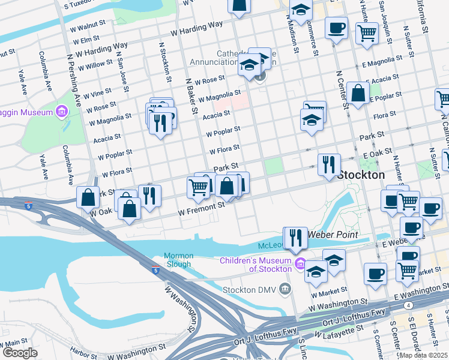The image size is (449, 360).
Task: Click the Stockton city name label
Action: [x=361, y=175]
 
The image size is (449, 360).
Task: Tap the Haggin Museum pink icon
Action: [x=61, y=112]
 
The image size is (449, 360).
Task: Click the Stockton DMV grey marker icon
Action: [x=285, y=290]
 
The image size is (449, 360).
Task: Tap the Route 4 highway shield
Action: [x=408, y=305]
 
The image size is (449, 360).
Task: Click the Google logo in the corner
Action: [x=20, y=353]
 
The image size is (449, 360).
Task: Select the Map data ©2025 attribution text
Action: [x=424, y=355]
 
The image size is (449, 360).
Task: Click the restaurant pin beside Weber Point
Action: [x=295, y=238]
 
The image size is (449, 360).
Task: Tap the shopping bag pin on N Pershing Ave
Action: [x=88, y=196]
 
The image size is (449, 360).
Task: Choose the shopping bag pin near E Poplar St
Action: [x=358, y=94]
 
